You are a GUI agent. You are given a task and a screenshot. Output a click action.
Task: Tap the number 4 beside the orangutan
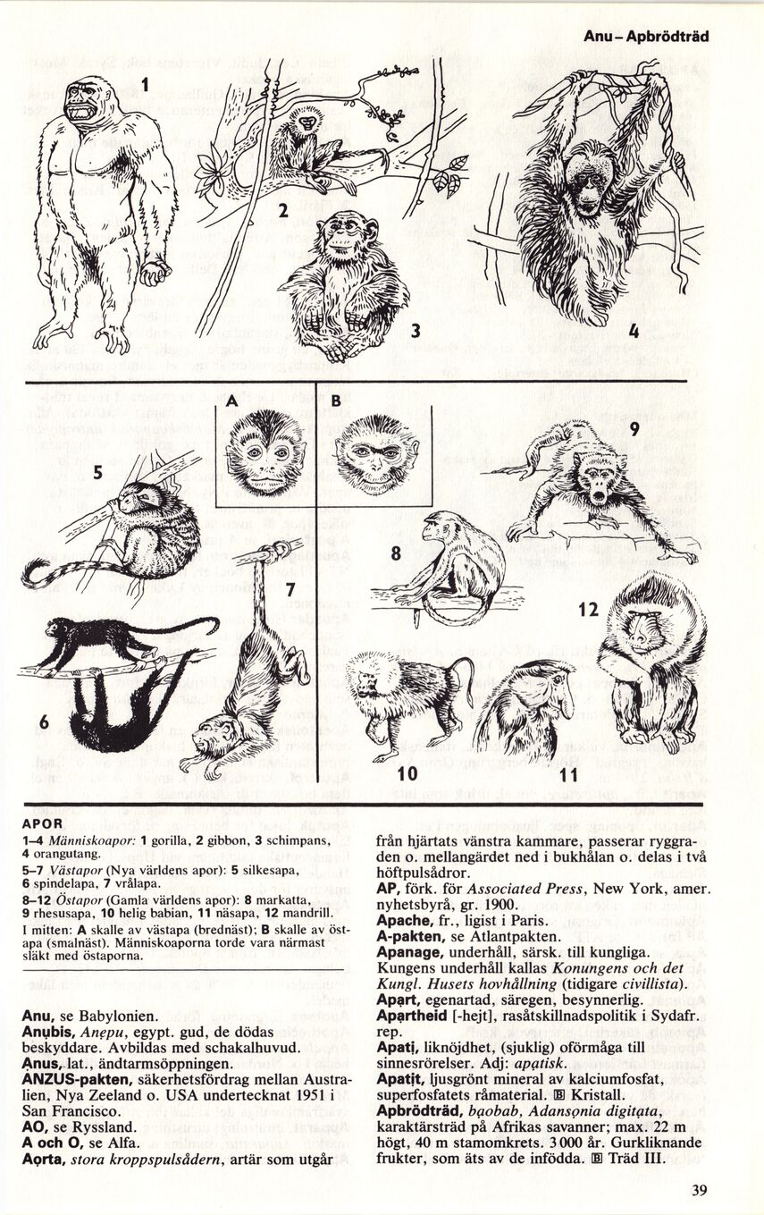tap(634, 330)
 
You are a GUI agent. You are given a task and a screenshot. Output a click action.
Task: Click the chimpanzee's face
tap(341, 238)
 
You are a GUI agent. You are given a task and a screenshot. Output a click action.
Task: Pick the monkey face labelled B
tap(377, 454)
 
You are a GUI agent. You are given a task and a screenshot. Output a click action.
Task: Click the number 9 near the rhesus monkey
tap(634, 430)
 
